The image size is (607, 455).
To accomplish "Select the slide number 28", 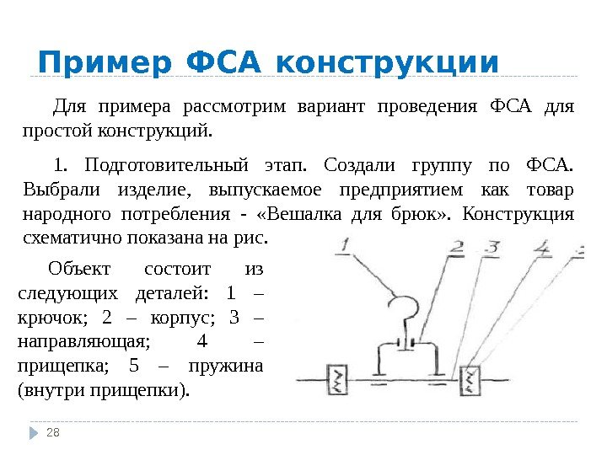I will (x=53, y=433).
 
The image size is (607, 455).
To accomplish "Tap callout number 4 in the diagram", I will (x=544, y=248).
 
